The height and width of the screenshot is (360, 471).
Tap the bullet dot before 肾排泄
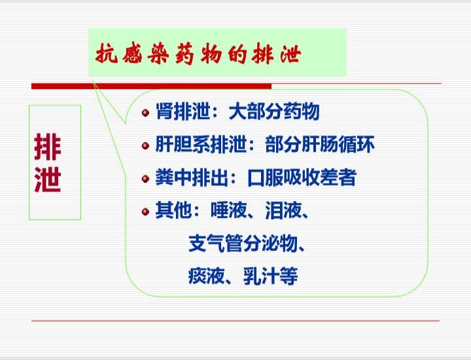(x=145, y=113)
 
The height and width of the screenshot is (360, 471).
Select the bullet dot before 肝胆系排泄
(x=145, y=146)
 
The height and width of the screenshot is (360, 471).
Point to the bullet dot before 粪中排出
(x=145, y=179)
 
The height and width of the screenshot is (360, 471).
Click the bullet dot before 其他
(x=145, y=212)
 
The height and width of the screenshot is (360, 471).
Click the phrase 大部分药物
(x=273, y=111)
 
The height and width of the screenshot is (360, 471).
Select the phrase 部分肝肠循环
(x=320, y=145)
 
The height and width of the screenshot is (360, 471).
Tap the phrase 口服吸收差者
(x=302, y=177)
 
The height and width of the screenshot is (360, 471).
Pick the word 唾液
(x=228, y=210)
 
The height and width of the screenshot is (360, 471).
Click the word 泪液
(x=283, y=210)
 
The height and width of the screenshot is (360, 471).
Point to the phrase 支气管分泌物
(x=243, y=243)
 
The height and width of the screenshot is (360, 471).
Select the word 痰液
(x=206, y=276)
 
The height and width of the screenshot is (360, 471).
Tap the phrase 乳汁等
(x=270, y=276)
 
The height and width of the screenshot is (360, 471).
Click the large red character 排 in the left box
(x=48, y=147)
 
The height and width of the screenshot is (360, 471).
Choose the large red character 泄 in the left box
(x=48, y=179)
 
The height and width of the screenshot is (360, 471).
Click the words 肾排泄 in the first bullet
(x=183, y=111)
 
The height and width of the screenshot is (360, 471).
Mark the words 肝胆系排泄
(x=201, y=145)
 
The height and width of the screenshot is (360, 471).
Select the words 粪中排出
(x=192, y=177)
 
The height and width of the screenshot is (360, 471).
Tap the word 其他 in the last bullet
(x=173, y=210)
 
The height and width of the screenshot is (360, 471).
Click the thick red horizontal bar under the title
(x=151, y=86)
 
